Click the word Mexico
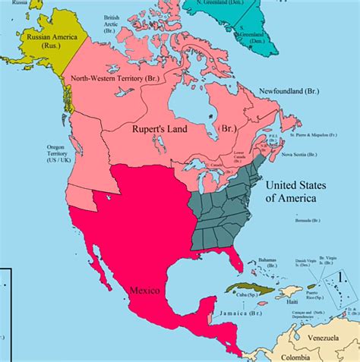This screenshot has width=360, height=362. [144, 289]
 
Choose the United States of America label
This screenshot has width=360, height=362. [301, 191]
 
